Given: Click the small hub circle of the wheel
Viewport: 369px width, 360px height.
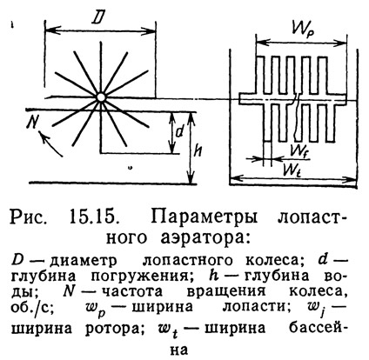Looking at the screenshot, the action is (x=100, y=97).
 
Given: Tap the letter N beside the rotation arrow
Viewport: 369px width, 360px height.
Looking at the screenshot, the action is (x=33, y=123).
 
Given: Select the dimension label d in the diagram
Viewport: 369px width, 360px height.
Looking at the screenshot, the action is (x=180, y=132).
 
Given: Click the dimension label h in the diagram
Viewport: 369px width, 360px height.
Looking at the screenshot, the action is (x=198, y=150).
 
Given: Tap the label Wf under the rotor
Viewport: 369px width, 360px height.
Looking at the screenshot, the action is (x=300, y=150).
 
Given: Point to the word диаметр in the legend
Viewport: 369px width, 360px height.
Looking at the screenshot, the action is (x=84, y=261).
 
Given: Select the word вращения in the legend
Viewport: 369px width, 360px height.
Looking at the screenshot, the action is (x=226, y=291).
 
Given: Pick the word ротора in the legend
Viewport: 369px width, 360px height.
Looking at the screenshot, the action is (x=115, y=329).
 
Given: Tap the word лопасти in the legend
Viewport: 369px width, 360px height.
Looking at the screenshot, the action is (x=257, y=306).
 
